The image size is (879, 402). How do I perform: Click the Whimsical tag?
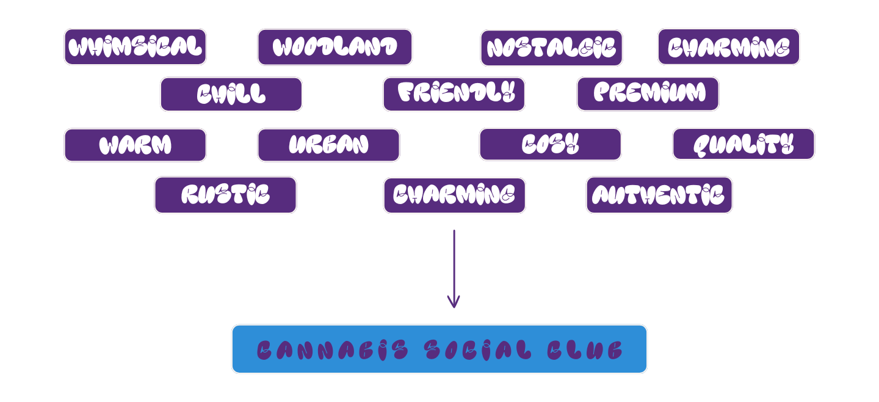point(135,47)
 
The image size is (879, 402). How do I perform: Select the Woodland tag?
point(335,47)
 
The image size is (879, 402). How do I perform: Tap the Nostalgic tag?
point(551,48)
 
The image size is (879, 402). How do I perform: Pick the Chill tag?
point(231,94)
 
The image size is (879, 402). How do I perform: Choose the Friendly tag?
point(454,94)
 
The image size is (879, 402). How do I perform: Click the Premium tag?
point(648,94)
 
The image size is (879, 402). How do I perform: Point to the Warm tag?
point(135,145)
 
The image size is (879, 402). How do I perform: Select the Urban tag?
point(328,145)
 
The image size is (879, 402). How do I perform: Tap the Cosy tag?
point(550,144)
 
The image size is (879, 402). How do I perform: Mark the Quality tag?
point(743,144)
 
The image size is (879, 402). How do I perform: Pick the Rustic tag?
point(225,195)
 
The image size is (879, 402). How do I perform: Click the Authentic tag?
point(659,195)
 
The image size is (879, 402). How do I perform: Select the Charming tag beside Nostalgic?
point(728,47)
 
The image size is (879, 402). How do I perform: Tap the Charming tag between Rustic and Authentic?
point(454,196)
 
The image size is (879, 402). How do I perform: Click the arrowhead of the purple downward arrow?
point(454,302)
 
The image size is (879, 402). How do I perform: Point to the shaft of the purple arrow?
point(454,263)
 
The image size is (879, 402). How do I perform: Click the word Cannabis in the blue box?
point(332,350)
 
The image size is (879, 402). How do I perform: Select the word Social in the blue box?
point(478,350)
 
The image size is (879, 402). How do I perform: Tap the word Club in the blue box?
point(584,350)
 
